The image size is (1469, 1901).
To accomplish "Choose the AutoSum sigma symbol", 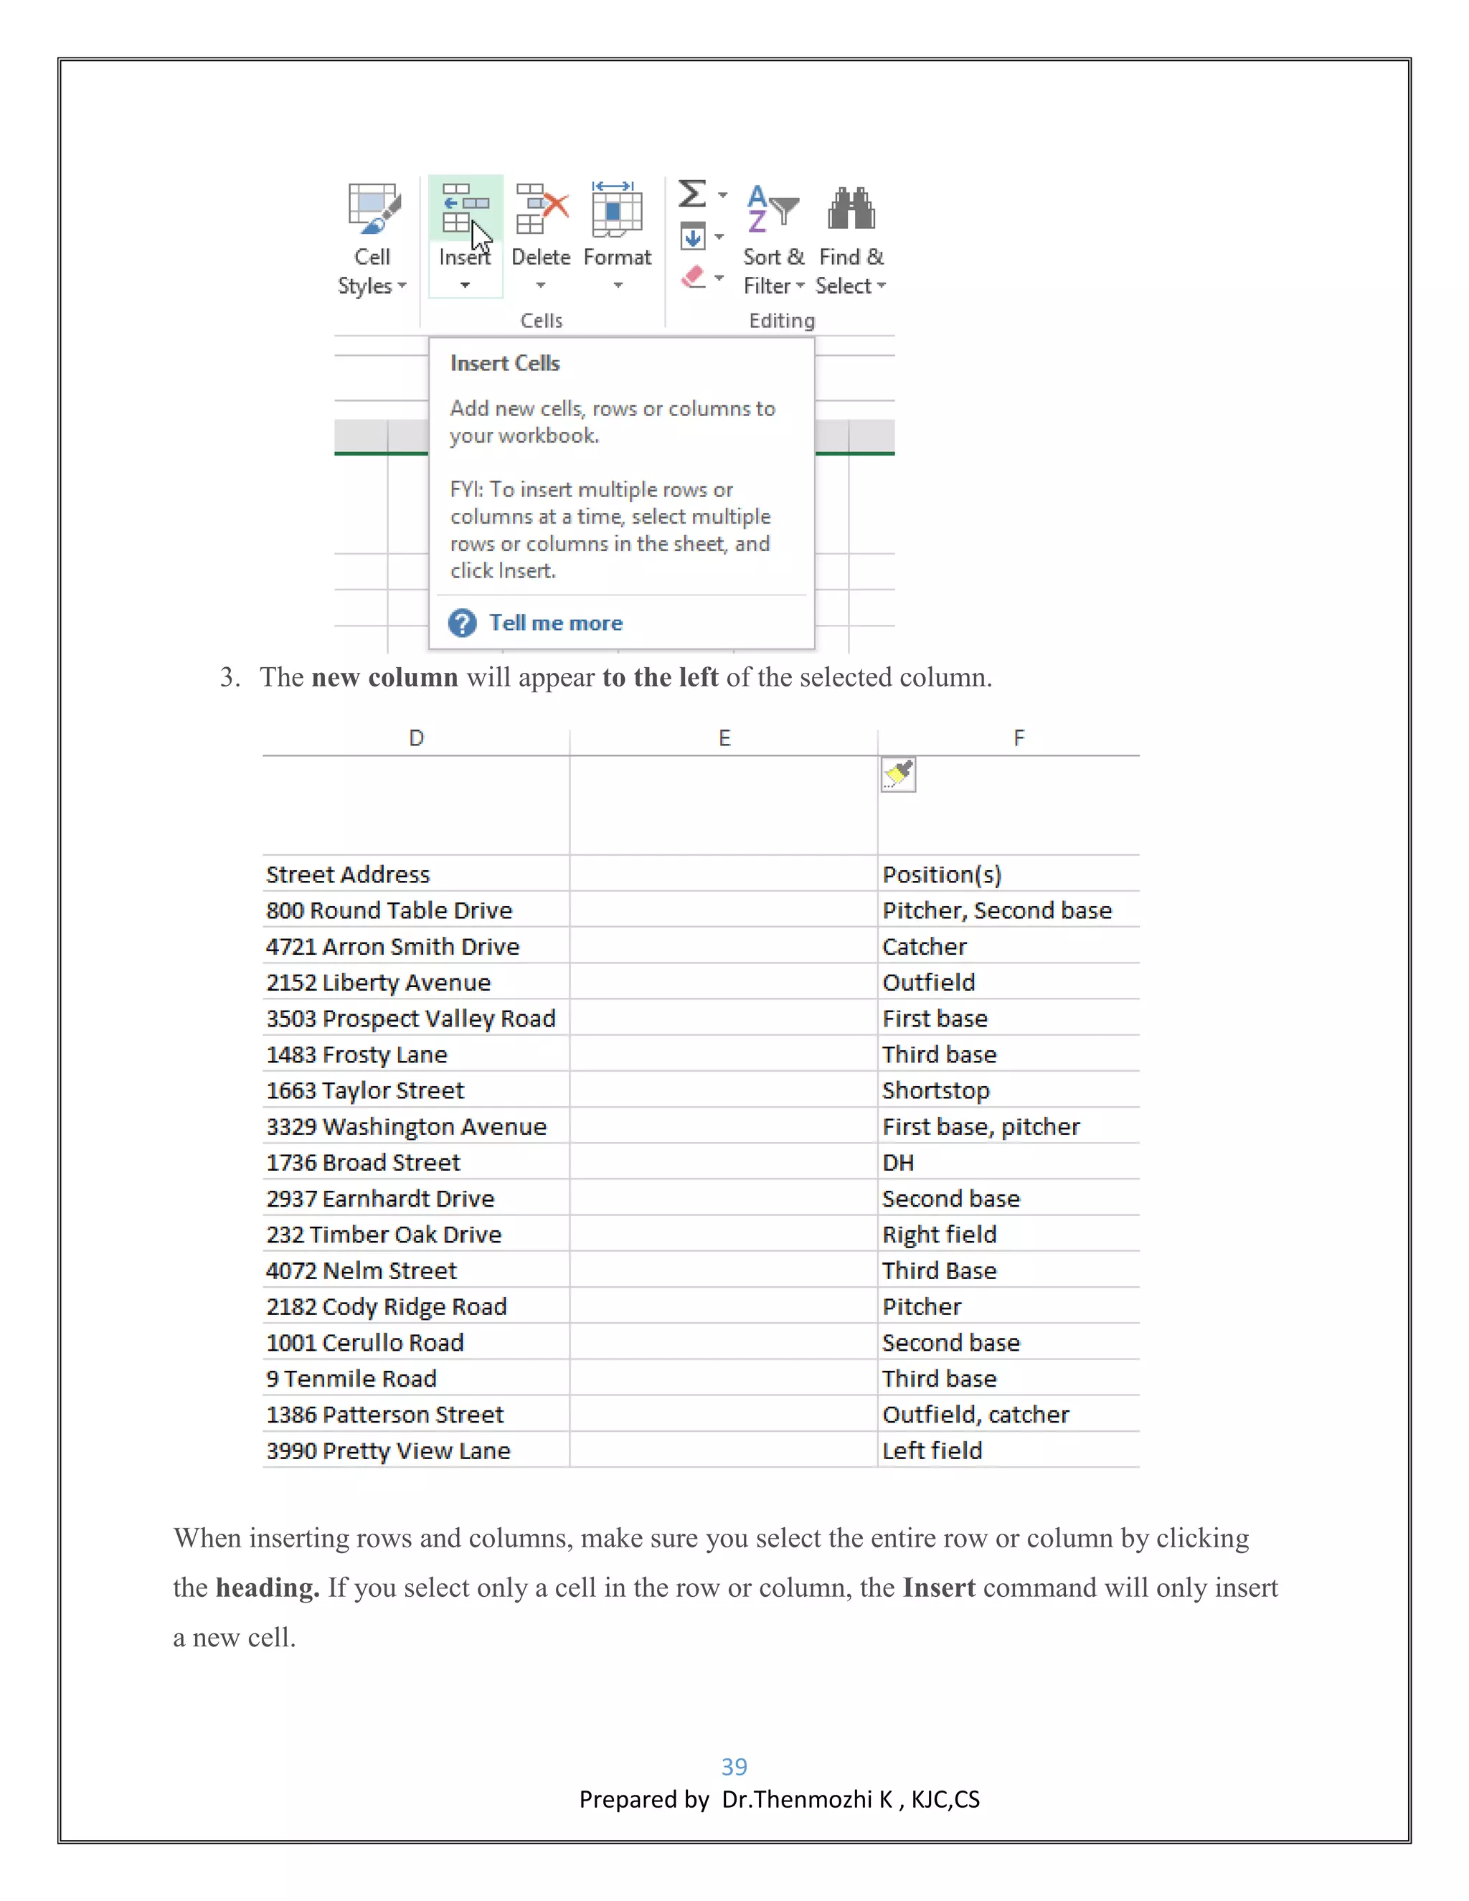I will point(693,193).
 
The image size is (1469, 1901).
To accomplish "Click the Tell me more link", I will point(555,623).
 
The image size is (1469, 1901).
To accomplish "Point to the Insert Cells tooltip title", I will point(505,364).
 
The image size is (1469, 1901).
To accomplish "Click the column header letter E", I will point(724,738).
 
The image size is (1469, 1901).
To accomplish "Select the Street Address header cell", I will point(348,874).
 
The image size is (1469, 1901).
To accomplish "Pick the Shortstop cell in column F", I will point(935,1090).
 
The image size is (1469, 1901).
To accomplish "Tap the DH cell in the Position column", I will point(898,1163).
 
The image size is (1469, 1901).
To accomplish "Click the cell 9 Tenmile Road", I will point(351,1379).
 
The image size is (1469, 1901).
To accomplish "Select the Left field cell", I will point(932,1451).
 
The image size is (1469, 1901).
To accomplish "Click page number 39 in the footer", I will point(734,1767).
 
